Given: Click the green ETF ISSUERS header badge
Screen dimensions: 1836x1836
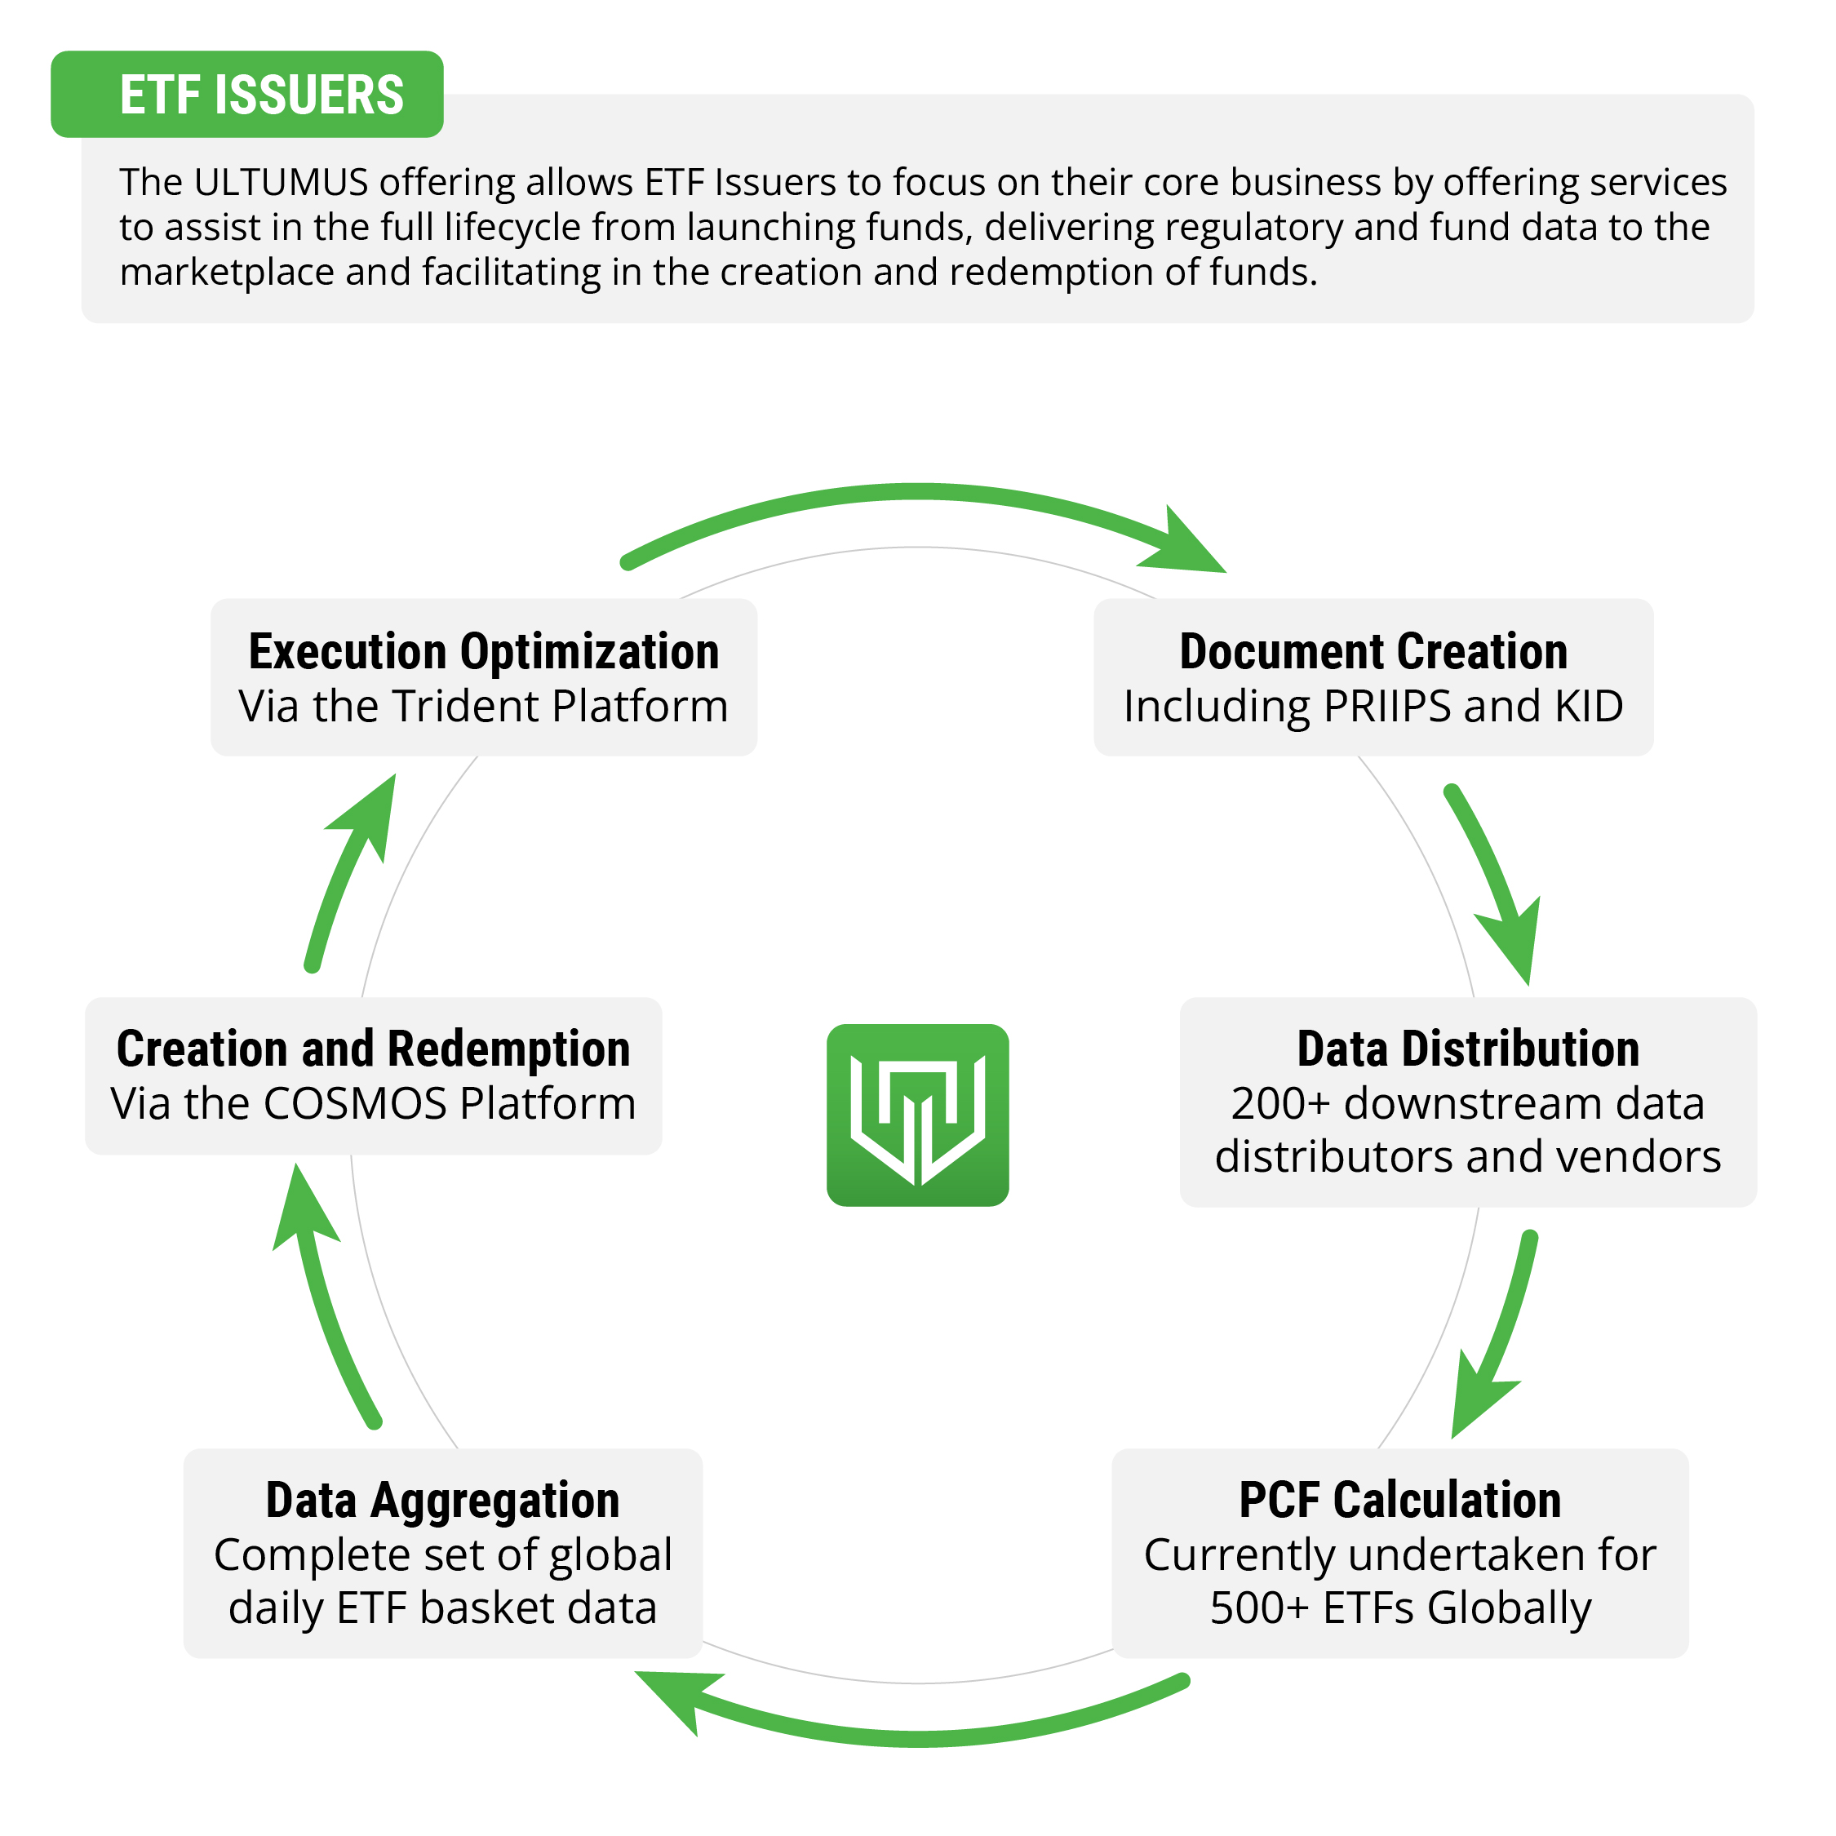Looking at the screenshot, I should pos(247,94).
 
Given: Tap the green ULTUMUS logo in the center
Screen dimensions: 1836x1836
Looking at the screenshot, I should pos(917,1115).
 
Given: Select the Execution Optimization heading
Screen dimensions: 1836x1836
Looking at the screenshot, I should pos(484,652).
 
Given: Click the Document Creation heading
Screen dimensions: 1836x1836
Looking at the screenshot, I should pos(1373,652).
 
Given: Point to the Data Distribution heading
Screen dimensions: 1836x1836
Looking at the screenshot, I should pos(1468,1049).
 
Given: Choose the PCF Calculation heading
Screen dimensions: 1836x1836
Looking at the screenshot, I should pos(1399,1501).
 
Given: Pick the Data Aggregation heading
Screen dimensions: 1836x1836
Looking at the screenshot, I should pos(443,1501).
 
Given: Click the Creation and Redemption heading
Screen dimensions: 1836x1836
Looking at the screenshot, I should pos(374,1049).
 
